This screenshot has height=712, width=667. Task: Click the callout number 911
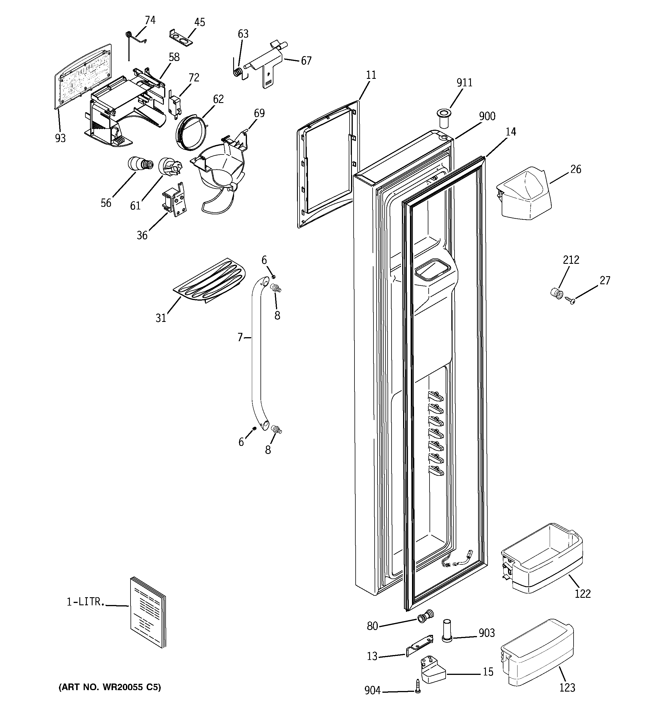click(464, 83)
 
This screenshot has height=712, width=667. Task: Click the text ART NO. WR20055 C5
click(110, 687)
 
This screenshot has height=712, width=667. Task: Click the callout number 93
click(60, 138)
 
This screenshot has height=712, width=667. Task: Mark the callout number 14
click(511, 132)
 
